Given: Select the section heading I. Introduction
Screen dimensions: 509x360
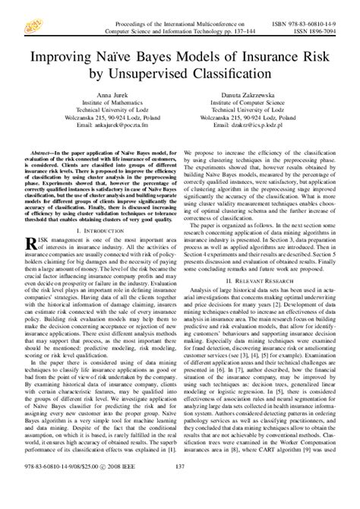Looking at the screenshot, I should pos(95,229).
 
